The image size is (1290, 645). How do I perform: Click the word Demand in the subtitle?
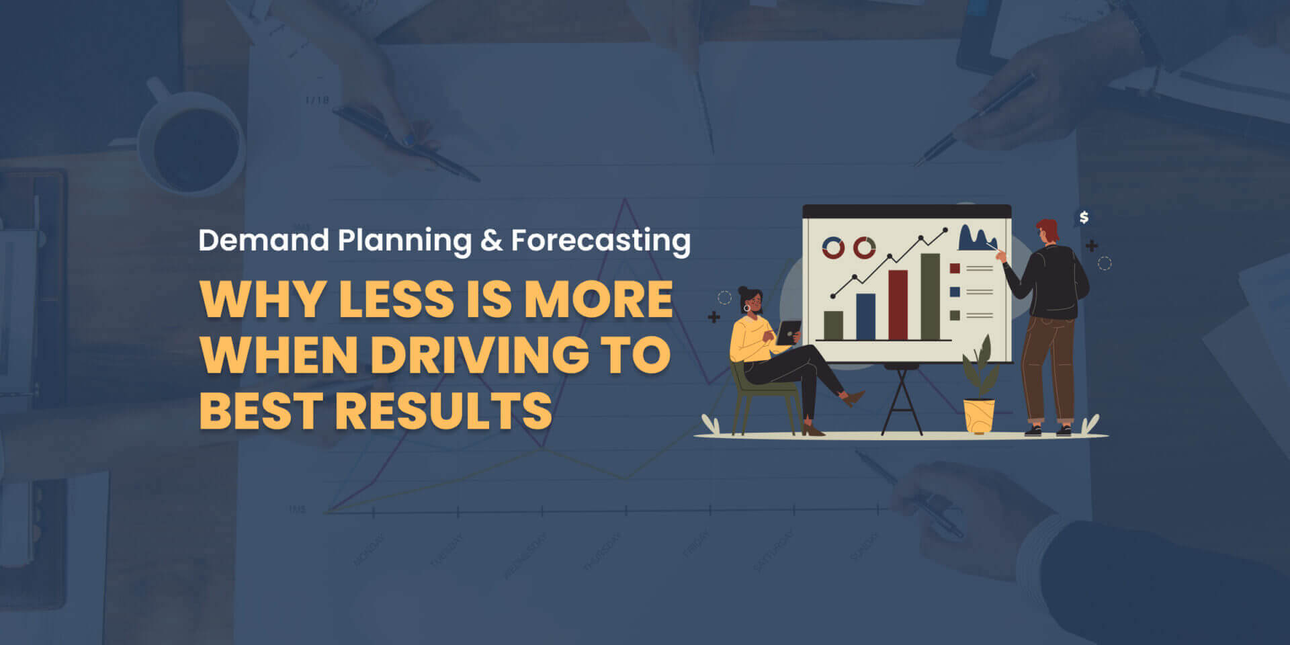263,241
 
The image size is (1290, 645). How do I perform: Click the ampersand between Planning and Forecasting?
492,241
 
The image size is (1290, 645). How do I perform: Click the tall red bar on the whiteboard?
898,305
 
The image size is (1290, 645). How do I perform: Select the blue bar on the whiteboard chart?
865,316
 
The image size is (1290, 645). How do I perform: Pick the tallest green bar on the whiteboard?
930,296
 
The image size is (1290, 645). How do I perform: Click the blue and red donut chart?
833,248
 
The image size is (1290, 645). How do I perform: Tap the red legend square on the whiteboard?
955,269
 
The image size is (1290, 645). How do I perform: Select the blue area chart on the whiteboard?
976,239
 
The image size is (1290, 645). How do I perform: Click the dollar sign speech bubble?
1083,218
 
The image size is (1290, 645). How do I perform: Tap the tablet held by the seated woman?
788,332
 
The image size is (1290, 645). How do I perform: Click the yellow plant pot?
979,416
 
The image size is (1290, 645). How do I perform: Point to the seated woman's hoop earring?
746,308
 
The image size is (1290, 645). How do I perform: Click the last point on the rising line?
945,230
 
